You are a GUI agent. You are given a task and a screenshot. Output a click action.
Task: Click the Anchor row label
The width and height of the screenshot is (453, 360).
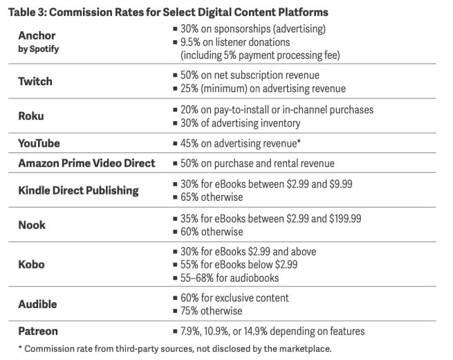coord(37,35)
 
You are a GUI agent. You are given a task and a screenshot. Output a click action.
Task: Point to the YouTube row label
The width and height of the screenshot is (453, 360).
coord(39,143)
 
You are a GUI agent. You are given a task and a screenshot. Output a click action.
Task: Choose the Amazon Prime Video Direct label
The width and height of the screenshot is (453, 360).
coord(86,163)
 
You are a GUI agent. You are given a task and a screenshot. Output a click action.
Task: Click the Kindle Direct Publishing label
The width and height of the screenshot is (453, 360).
coord(79,190)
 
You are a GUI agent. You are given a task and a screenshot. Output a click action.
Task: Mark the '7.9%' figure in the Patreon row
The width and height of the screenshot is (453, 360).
coord(189,332)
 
